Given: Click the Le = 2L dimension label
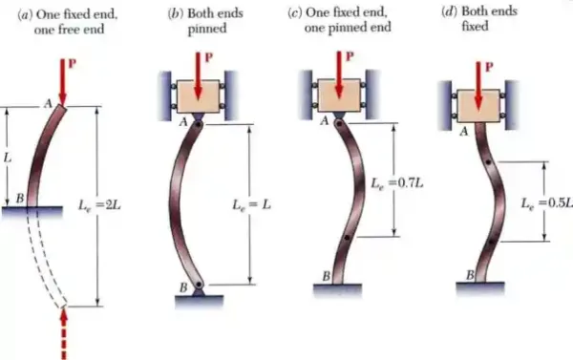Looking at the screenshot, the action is pyautogui.click(x=99, y=205).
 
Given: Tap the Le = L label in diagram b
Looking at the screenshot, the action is pyautogui.click(x=252, y=204).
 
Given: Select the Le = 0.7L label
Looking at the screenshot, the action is pyautogui.click(x=397, y=182).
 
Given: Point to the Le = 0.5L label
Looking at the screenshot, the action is pyautogui.click(x=546, y=202).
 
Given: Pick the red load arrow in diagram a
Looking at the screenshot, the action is pyautogui.click(x=63, y=82).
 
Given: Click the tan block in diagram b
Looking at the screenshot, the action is pyautogui.click(x=199, y=96).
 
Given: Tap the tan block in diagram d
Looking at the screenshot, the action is pyautogui.click(x=478, y=106).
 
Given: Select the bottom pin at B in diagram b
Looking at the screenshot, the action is pyautogui.click(x=199, y=284).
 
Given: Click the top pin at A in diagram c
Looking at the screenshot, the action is pyautogui.click(x=339, y=124).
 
